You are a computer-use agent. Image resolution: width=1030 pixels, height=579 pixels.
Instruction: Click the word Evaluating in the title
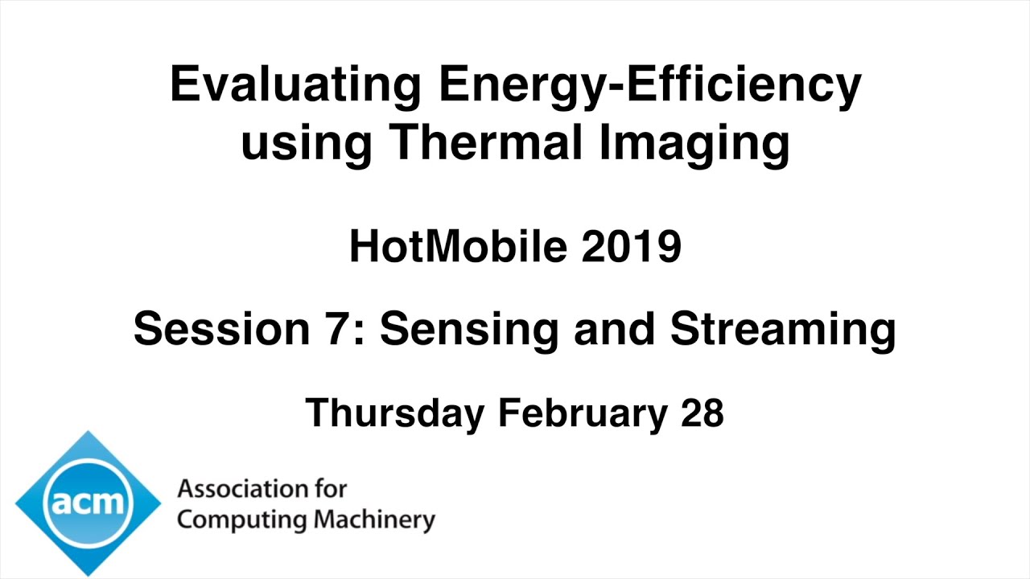(x=295, y=84)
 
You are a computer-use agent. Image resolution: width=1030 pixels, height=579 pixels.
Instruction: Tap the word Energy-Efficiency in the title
(x=649, y=84)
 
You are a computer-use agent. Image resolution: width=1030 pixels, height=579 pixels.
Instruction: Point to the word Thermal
(x=492, y=142)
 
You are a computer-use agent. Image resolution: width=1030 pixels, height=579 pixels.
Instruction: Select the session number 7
(x=344, y=329)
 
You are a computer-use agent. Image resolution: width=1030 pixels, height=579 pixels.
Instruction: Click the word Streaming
(x=782, y=331)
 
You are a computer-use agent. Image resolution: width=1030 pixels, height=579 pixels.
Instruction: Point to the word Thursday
(x=395, y=413)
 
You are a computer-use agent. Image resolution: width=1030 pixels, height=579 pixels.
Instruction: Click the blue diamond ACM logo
(x=88, y=503)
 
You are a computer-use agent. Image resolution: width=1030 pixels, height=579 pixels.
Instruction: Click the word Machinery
(x=374, y=520)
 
